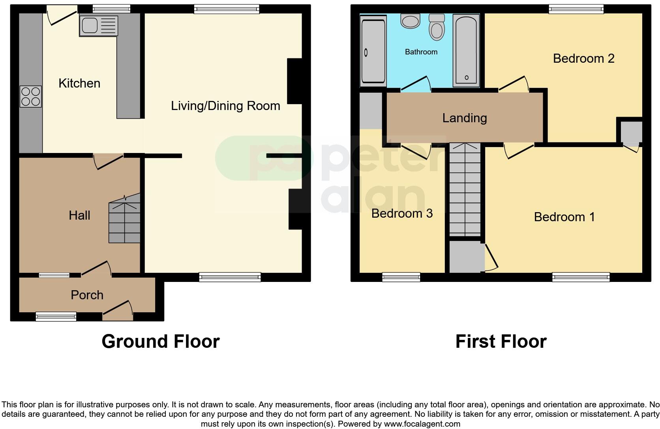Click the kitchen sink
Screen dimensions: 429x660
click(x=98, y=26)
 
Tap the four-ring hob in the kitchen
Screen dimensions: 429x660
click(x=30, y=97)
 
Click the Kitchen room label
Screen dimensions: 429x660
click(x=79, y=83)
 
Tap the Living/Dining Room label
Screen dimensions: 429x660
click(x=225, y=106)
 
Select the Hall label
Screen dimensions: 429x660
click(x=79, y=215)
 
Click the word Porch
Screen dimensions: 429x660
click(x=87, y=295)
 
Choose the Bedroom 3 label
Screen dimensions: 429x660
click(x=402, y=213)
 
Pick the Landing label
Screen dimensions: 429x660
click(x=464, y=118)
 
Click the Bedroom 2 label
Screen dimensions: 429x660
click(x=583, y=58)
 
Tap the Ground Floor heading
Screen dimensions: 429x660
click(x=160, y=341)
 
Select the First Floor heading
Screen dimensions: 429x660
click(x=501, y=341)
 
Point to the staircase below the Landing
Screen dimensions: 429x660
click(x=465, y=189)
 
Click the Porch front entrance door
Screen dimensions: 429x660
click(x=118, y=311)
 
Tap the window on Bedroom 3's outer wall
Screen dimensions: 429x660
click(x=401, y=277)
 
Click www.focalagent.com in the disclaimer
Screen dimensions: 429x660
click(x=422, y=424)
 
